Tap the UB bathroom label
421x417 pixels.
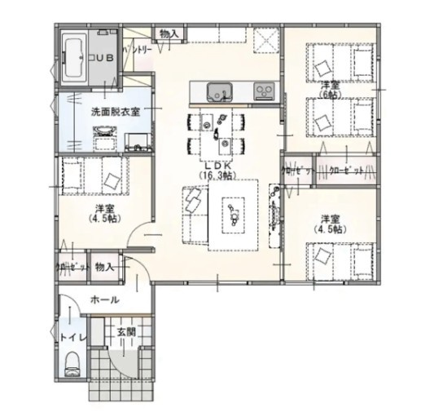pos(103,57)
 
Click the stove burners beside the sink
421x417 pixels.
pos(264,89)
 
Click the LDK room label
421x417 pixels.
pos(216,165)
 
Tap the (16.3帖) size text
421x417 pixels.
pos(216,175)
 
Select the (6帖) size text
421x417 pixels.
pos(329,95)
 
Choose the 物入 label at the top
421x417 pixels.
pos(169,34)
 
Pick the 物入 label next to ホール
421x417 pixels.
pos(103,267)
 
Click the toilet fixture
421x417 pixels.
pos(70,359)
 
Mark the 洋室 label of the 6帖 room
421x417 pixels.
pos(329,84)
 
